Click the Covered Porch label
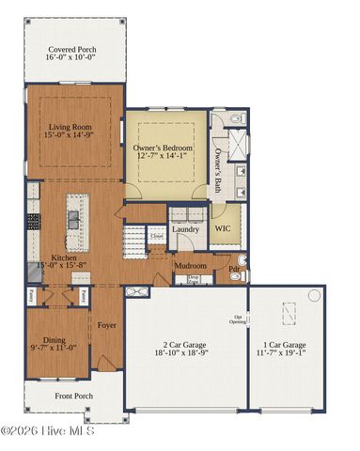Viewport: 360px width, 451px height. [x=75, y=52]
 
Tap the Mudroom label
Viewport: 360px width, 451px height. [x=191, y=266]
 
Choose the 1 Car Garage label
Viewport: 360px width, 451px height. [x=287, y=350]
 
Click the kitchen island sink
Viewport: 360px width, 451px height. [x=72, y=221]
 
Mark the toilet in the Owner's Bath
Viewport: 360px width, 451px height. [x=235, y=120]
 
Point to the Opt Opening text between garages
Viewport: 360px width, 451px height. [x=238, y=319]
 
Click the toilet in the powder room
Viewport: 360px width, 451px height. [x=243, y=262]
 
